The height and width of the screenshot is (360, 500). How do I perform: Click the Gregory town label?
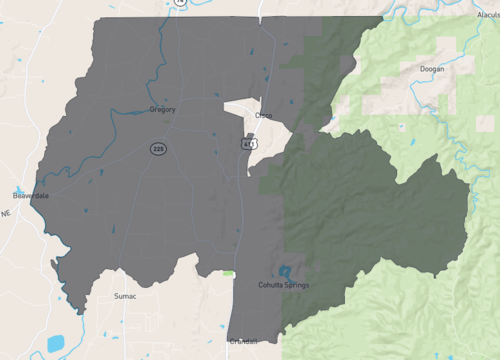coord(161,108)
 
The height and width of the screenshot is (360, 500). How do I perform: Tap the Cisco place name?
coord(263,115)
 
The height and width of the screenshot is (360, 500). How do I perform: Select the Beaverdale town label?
coord(30,195)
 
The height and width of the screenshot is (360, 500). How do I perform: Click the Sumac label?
coord(125,296)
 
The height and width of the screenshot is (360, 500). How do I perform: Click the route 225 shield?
coord(158,148)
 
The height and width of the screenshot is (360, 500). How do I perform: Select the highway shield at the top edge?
coord(179,3)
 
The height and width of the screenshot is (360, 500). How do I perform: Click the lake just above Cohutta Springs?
coord(285,271)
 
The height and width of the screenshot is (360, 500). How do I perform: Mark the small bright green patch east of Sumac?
coord(229,273)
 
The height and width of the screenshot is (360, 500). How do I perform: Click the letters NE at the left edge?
coord(5,213)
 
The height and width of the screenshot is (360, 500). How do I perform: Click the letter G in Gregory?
coord(150,108)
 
